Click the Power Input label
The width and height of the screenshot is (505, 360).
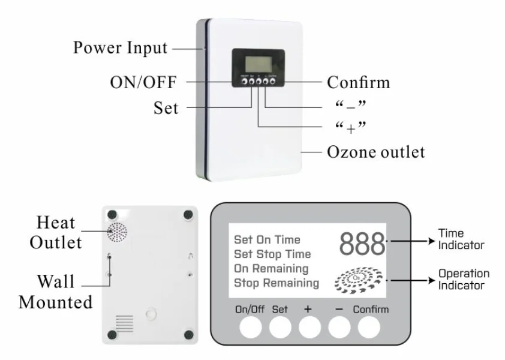pos(120,48)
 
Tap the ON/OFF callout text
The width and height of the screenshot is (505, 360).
pos(143,82)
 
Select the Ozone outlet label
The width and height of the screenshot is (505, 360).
pos(375,152)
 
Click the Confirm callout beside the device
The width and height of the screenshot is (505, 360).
pos(358,82)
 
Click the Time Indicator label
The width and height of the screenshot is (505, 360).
pos(461,239)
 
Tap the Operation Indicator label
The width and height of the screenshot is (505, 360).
pos(463,279)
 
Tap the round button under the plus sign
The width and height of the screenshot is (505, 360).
pos(309,328)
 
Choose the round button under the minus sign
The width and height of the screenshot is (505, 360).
pos(339,328)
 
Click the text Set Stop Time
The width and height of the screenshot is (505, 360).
pos(272,254)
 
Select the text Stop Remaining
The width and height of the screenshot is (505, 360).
pos(276,283)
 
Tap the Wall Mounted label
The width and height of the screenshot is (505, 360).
pos(56,292)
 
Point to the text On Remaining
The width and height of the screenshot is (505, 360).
pos(271,268)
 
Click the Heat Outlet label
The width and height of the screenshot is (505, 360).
pos(56,233)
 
